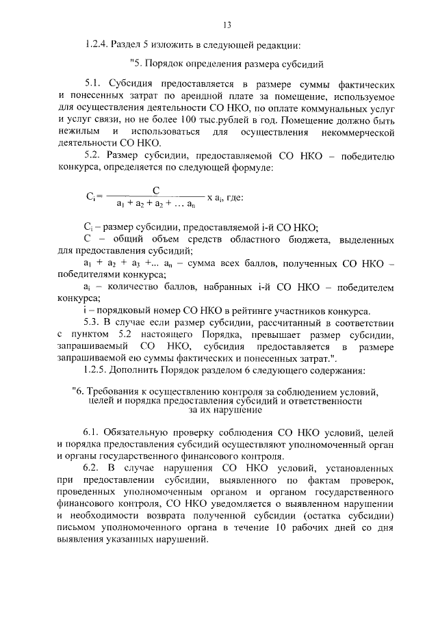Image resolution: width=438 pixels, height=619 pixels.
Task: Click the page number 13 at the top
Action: [x=227, y=25]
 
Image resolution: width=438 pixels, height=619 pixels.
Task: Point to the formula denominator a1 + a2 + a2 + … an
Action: [x=157, y=203]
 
